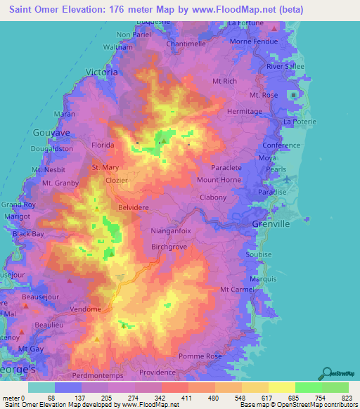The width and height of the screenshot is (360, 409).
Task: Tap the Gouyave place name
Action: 48,132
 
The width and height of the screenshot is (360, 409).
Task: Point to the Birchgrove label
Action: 169,247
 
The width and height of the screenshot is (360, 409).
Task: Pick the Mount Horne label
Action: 219,180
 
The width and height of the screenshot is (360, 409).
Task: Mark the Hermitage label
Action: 245,112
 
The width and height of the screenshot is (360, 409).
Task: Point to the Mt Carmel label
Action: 236,289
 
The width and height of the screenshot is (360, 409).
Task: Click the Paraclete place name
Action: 226,168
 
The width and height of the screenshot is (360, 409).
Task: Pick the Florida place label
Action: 103,145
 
